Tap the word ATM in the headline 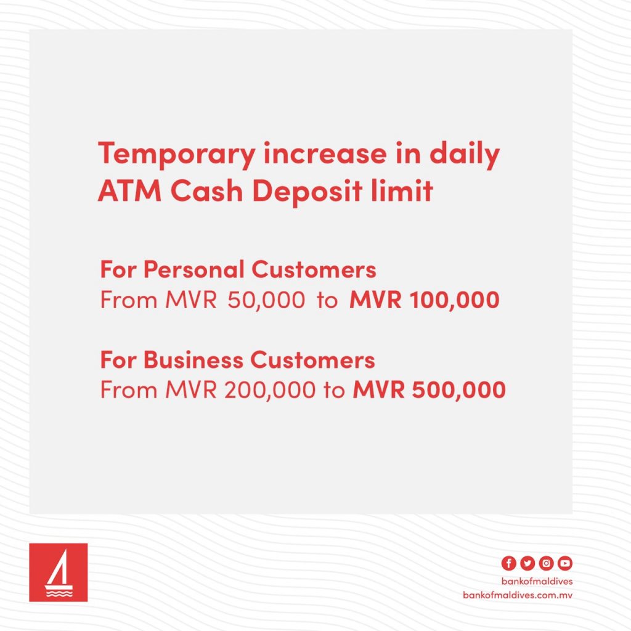pyautogui.click(x=129, y=190)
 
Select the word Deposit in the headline pyautogui.click(x=307, y=192)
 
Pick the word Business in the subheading pyautogui.click(x=193, y=359)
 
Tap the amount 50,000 pyautogui.click(x=266, y=300)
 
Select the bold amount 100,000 pyautogui.click(x=454, y=300)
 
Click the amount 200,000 pyautogui.click(x=270, y=390)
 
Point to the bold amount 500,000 pyautogui.click(x=458, y=390)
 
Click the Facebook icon pyautogui.click(x=508, y=563)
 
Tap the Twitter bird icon pyautogui.click(x=527, y=563)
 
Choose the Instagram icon pyautogui.click(x=546, y=563)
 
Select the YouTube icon pyautogui.click(x=565, y=563)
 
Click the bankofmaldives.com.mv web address pyautogui.click(x=518, y=595)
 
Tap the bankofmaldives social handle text pyautogui.click(x=537, y=581)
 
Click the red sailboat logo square pyautogui.click(x=59, y=572)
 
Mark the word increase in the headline pyautogui.click(x=325, y=154)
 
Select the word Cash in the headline pyautogui.click(x=207, y=190)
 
